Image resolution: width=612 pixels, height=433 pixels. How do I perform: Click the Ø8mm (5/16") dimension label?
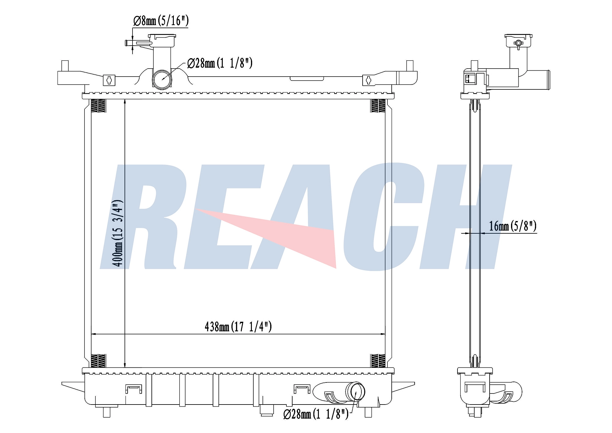[161, 21]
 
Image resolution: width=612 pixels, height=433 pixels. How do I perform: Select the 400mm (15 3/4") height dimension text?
[118, 233]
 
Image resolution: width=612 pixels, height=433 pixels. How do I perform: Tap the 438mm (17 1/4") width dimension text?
[238, 327]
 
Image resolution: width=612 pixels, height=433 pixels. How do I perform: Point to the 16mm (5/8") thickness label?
[513, 226]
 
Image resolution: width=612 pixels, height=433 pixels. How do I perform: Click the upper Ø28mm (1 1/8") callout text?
[220, 63]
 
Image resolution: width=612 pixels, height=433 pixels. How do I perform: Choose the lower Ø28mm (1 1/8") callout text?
[316, 414]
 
